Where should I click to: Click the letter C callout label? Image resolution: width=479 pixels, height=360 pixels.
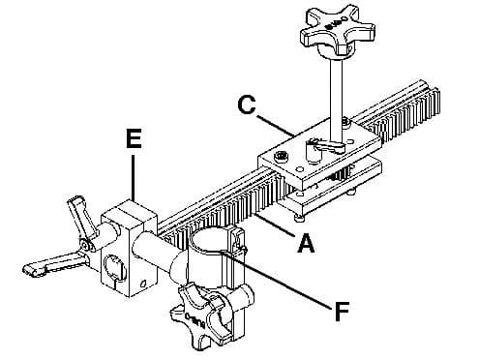[247, 104]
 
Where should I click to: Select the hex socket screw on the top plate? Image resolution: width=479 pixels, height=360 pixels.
[281, 157]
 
